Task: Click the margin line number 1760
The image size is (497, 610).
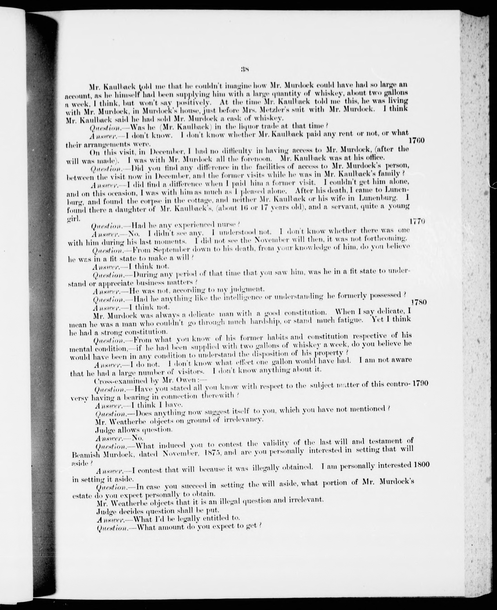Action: tap(417, 140)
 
